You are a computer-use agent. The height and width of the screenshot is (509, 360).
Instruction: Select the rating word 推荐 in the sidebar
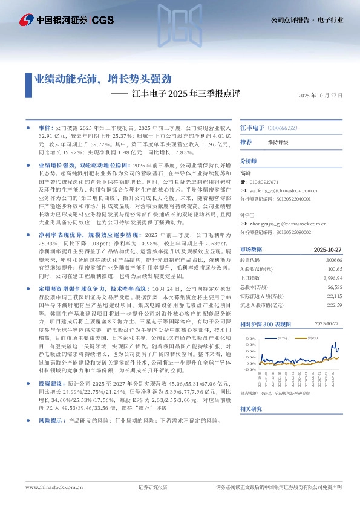(x=246, y=142)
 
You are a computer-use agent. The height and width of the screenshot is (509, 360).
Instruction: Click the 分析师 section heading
(x=249, y=162)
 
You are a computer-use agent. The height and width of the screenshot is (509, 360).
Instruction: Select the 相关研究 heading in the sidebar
(x=251, y=409)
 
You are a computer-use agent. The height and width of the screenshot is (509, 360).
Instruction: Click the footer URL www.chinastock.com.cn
(x=50, y=487)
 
